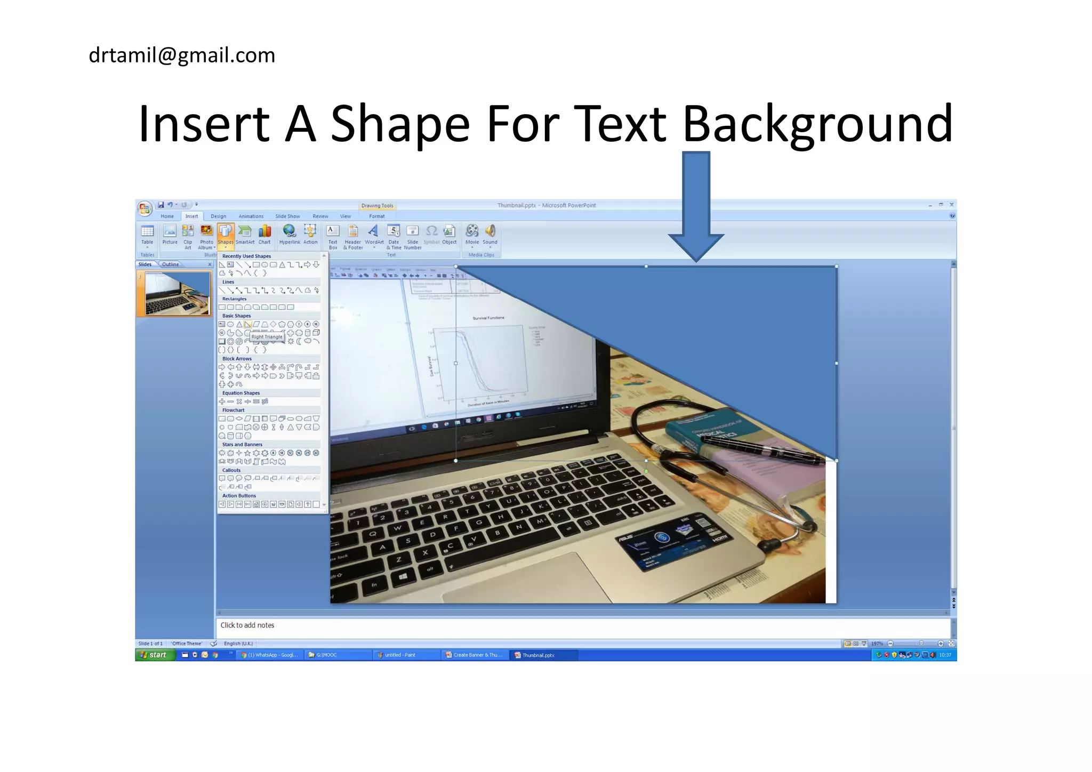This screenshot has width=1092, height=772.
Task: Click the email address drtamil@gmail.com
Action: coord(182,55)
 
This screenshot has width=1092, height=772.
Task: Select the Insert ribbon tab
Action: coord(191,216)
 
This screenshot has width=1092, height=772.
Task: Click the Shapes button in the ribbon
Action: coord(226,235)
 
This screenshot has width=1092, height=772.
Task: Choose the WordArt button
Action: coord(374,235)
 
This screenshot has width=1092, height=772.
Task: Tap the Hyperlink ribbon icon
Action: coord(290,235)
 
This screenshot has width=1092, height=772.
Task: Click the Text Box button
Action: coord(333,236)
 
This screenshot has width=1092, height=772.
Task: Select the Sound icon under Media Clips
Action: coord(490,235)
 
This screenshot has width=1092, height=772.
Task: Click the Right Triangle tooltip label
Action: coord(267,337)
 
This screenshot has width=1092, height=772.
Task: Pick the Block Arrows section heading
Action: coord(237,359)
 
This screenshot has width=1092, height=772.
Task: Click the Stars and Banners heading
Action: coord(242,445)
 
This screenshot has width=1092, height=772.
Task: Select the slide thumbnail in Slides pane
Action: coord(177,294)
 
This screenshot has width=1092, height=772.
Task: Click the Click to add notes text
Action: coord(247,625)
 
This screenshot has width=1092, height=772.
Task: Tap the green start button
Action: coord(155,655)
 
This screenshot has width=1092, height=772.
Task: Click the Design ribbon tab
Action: coord(218,216)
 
